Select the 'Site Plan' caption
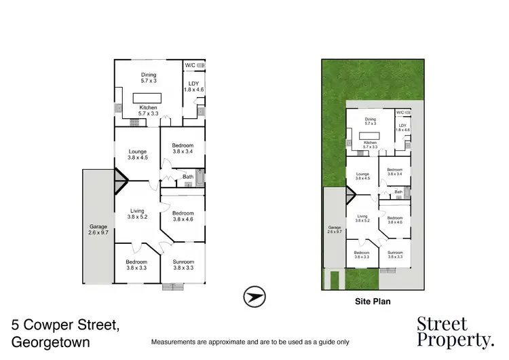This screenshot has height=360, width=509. [373, 300]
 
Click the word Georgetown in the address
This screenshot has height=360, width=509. [51, 342]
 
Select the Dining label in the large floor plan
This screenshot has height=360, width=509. [148, 75]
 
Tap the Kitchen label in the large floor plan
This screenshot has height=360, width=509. [148, 108]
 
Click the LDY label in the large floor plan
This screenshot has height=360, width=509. [193, 84]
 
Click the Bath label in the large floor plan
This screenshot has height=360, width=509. [187, 178]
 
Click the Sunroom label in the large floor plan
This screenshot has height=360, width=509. [183, 263]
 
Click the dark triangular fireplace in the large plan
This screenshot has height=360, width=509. [120, 181]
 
